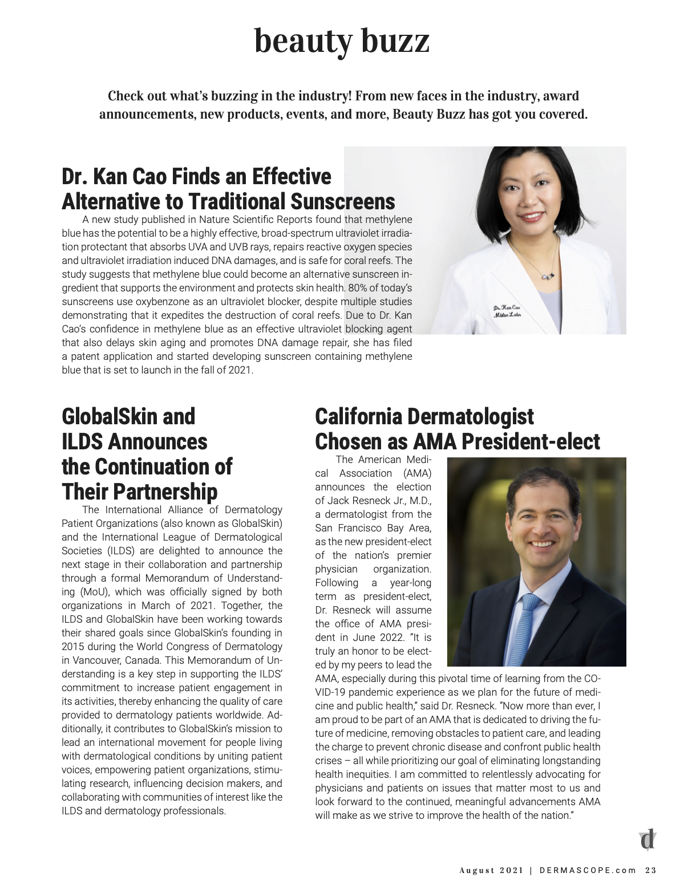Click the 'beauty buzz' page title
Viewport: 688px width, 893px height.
341,41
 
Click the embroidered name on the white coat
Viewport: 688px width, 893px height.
507,311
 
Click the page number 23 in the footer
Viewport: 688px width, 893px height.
650,870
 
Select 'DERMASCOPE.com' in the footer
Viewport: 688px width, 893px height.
587,870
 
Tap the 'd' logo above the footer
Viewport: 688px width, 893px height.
647,841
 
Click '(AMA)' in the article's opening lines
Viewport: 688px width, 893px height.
417,473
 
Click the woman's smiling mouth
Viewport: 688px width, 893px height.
532,216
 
